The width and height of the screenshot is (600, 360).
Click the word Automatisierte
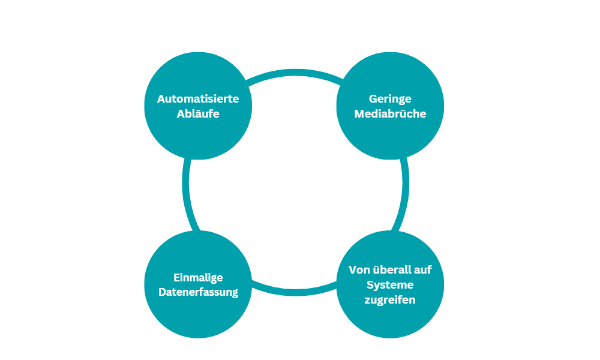pos(198,99)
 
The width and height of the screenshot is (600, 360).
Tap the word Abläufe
pos(198,113)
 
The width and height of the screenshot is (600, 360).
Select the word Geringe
pos(390,100)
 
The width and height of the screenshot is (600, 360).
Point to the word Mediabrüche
pos(390,113)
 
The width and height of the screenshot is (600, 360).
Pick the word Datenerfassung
pos(198,292)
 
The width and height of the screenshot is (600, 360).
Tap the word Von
pos(359,270)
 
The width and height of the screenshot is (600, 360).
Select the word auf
pos(423,270)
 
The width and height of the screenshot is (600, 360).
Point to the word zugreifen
pos(390,300)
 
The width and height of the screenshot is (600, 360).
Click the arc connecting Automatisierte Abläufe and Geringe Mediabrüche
pos(295,73)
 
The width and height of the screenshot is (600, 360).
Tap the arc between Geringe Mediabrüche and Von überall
pos(405,184)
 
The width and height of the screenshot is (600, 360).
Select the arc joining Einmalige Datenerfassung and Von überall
pos(295,292)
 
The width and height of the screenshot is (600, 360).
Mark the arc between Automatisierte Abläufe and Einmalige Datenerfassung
pos(185,184)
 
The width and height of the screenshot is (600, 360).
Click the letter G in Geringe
pos(373,99)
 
